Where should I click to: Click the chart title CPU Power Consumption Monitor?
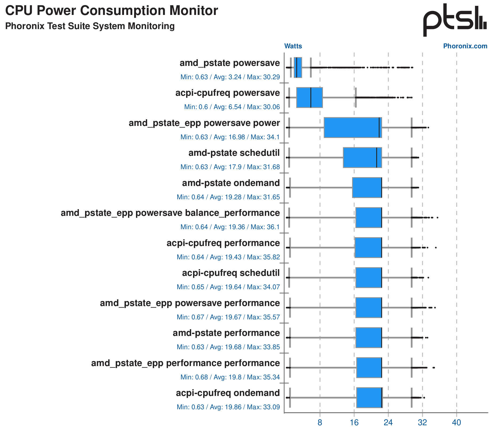(111, 11)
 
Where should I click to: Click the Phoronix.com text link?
(465, 46)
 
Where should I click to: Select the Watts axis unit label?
(293, 46)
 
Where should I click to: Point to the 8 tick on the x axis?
(320, 423)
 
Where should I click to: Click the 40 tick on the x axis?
(456, 423)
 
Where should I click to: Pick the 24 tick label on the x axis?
(388, 423)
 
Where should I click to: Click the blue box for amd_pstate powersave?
(298, 67)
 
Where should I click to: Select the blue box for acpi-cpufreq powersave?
(309, 98)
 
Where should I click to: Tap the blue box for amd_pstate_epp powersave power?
(353, 128)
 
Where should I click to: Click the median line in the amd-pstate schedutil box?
(376, 158)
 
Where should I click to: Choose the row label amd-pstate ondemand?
(231, 183)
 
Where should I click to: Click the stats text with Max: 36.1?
(230, 227)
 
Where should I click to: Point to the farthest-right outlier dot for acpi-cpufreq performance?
(436, 248)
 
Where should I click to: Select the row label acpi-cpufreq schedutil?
(231, 273)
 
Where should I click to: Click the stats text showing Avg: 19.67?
(228, 317)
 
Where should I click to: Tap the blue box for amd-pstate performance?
(369, 338)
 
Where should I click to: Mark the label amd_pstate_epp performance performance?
(185, 363)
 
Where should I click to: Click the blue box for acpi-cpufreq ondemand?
(369, 398)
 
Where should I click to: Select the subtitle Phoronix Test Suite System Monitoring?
(90, 26)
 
